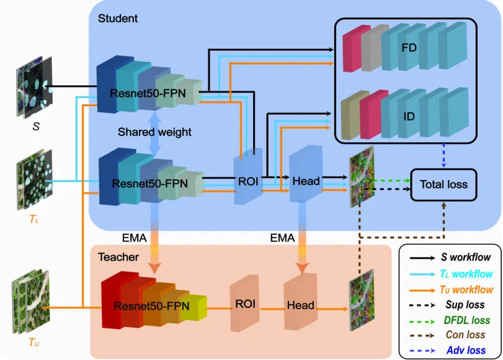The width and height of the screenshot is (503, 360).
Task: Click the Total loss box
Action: pyautogui.click(x=444, y=184)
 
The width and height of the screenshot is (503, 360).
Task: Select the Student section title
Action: pyautogui.click(x=118, y=18)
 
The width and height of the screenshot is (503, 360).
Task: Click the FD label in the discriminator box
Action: pyautogui.click(x=409, y=48)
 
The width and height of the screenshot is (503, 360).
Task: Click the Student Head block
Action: pyautogui.click(x=306, y=181)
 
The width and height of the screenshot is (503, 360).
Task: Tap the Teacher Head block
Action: pyautogui.click(x=300, y=305)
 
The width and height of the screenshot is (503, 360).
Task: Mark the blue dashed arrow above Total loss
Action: pyautogui.click(x=444, y=156)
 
